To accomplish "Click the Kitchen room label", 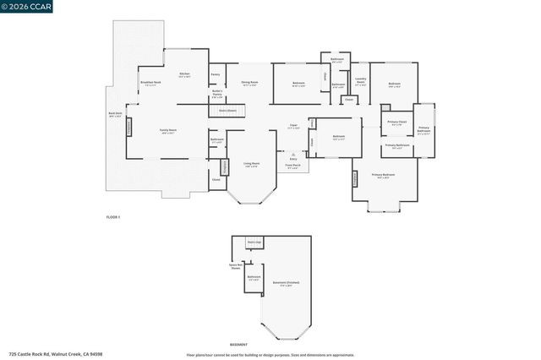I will [x=185, y=75].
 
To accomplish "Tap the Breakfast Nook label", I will [x=150, y=83].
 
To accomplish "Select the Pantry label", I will [x=215, y=75].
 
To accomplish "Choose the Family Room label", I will [x=167, y=130].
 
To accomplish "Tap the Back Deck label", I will [x=115, y=114].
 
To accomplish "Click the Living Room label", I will [x=251, y=164].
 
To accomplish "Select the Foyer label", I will [x=294, y=127].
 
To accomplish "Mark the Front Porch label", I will [x=293, y=166].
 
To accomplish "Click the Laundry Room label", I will [x=360, y=83].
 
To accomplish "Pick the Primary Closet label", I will [x=397, y=123].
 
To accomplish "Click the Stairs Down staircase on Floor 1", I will [x=228, y=110].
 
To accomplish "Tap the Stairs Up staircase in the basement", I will [x=254, y=243].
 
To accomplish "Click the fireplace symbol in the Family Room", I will [x=129, y=127].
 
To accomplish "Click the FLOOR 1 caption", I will [x=113, y=217].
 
